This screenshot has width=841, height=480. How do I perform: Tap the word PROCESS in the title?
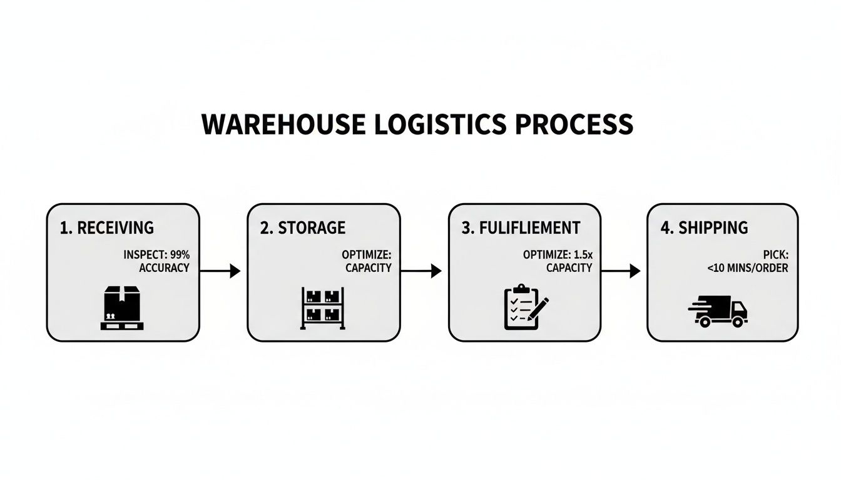click(x=574, y=124)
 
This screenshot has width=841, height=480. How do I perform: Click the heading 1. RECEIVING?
click(x=106, y=227)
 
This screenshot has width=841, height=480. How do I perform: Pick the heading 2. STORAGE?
click(x=302, y=227)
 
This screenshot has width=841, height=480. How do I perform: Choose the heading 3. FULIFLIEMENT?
click(x=521, y=227)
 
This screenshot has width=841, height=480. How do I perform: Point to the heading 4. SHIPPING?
click(x=704, y=227)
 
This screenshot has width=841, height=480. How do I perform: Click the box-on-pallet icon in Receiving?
click(x=123, y=307)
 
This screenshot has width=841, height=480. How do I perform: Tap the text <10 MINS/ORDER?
click(x=748, y=268)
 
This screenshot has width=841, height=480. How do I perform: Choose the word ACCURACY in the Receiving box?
click(x=163, y=268)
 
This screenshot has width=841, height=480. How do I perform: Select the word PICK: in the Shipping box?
click(x=775, y=255)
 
